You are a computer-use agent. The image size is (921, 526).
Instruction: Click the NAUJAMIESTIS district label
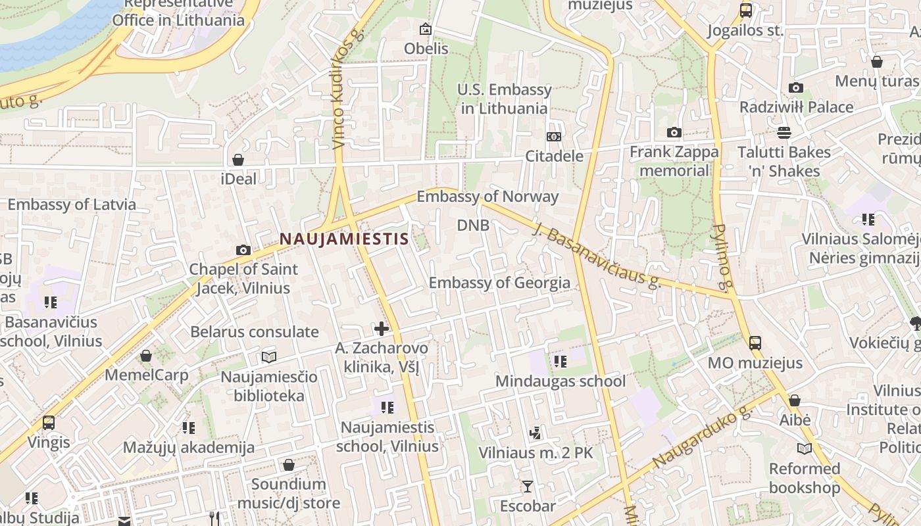(344, 239)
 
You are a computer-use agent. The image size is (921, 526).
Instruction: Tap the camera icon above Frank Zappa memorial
(674, 133)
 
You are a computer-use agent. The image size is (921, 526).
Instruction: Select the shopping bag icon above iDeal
(238, 160)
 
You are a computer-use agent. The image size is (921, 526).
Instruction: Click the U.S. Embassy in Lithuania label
(505, 99)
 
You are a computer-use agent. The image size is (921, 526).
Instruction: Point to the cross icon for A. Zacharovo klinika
(381, 328)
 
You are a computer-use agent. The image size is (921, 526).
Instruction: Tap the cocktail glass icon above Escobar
(527, 487)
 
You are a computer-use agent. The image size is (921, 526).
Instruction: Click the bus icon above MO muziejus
(755, 343)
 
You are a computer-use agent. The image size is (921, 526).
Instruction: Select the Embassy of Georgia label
(499, 283)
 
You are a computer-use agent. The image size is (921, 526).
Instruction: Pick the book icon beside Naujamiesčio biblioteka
(268, 357)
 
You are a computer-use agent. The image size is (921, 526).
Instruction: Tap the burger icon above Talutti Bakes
(784, 133)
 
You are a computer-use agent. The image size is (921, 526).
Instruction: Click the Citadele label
(554, 156)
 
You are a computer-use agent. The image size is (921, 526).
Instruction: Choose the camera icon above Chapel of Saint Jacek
(243, 250)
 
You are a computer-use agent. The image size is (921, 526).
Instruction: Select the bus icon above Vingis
(49, 422)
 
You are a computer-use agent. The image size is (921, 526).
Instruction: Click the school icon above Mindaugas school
(560, 361)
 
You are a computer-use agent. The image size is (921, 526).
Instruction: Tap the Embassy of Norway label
(487, 197)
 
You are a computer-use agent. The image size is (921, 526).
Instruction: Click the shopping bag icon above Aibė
(795, 400)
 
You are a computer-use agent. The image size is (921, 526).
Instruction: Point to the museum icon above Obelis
(426, 29)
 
